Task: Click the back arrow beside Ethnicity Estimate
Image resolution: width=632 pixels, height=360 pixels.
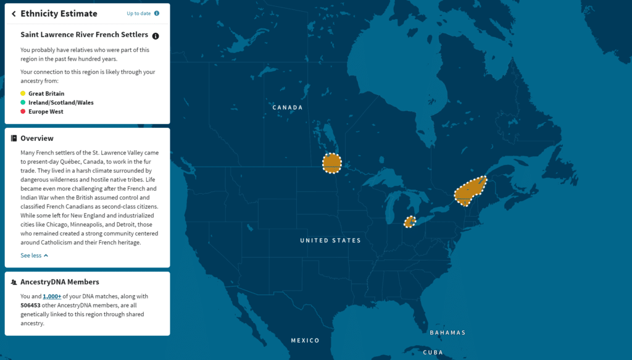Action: (14, 14)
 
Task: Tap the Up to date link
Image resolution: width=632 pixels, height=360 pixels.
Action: (138, 13)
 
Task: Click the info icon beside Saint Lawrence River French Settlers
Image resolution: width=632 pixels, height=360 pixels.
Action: (156, 36)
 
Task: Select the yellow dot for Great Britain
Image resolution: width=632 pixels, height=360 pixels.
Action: (23, 94)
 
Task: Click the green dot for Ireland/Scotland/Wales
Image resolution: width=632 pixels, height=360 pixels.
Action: (23, 103)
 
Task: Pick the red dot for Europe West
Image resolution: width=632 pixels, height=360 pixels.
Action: (23, 112)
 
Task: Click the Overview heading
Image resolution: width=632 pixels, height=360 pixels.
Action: (37, 138)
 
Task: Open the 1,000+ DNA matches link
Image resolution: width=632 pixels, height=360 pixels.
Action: (52, 296)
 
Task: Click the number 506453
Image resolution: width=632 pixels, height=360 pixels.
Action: (33, 305)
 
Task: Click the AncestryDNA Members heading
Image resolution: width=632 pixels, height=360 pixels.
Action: (59, 282)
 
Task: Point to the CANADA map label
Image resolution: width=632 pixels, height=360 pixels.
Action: (288, 107)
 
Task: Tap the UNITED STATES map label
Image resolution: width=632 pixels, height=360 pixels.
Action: (330, 240)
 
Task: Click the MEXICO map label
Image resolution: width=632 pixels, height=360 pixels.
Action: (305, 340)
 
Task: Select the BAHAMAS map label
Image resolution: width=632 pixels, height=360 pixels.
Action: (447, 333)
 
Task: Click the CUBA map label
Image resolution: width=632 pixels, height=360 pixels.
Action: (433, 352)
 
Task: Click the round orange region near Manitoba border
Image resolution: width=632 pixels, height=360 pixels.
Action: (331, 164)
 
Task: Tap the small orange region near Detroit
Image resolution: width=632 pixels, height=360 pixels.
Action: (409, 222)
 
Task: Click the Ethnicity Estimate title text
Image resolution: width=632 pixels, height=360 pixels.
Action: (59, 14)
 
